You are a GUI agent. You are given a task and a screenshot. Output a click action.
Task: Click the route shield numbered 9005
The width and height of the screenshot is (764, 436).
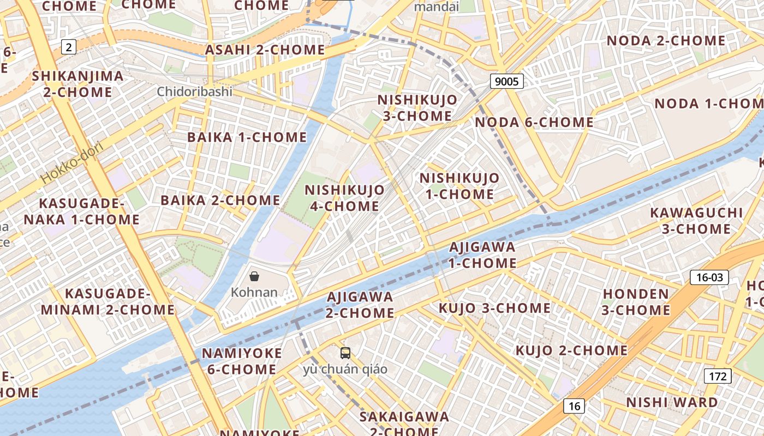pyautogui.click(x=506, y=82)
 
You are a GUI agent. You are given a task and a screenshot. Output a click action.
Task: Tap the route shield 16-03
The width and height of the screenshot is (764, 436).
pyautogui.click(x=709, y=277)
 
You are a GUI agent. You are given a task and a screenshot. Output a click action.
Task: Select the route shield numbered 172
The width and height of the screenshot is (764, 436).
pyautogui.click(x=718, y=376)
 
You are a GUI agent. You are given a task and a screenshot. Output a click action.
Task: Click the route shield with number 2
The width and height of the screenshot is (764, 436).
pyautogui.click(x=68, y=47)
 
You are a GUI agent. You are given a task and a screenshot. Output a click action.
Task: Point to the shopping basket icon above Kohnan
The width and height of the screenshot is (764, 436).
pyautogui.click(x=254, y=276)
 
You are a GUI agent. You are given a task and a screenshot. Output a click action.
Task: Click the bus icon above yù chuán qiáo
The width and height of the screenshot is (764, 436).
pyautogui.click(x=345, y=353)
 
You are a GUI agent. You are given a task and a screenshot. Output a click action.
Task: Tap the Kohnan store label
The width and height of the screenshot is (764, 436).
pyautogui.click(x=254, y=292)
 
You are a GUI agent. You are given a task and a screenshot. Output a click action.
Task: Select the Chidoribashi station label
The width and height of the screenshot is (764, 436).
pyautogui.click(x=194, y=92)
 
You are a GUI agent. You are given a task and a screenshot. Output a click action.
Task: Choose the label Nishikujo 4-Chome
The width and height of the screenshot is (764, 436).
pyautogui.click(x=344, y=198)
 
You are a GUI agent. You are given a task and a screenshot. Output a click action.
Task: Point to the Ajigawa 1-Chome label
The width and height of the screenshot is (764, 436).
pyautogui.click(x=482, y=255)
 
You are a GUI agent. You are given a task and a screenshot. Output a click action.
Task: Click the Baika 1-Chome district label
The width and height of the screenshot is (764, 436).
pyautogui.click(x=247, y=137)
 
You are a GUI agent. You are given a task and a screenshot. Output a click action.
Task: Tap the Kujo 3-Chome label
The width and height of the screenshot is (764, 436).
pyautogui.click(x=494, y=308)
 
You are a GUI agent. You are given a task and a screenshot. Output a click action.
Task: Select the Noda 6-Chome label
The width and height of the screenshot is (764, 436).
pyautogui.click(x=534, y=122)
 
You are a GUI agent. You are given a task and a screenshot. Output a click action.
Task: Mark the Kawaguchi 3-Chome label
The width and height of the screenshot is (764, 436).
pyautogui.click(x=696, y=221)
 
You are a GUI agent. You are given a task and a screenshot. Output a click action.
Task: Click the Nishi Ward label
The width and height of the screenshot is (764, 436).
pyautogui.click(x=672, y=403)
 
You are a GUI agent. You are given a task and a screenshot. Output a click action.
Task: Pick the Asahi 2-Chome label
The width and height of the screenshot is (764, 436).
pyautogui.click(x=265, y=50)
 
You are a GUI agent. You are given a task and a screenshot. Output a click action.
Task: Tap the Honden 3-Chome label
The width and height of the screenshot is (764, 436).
pyautogui.click(x=636, y=302)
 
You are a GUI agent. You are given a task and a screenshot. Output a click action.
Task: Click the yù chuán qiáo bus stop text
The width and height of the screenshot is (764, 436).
pyautogui.click(x=345, y=370)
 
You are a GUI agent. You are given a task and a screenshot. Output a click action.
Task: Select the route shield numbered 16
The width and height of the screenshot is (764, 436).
pyautogui.click(x=574, y=406)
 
